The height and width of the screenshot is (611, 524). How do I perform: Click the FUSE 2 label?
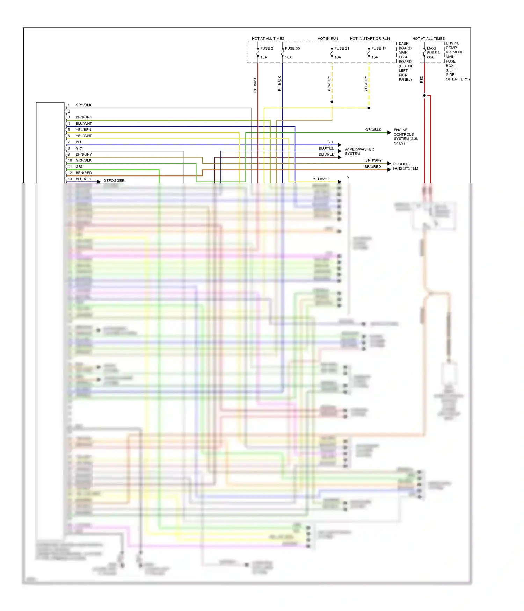[267, 48]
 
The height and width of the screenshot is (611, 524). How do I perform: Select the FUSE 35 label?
[292, 48]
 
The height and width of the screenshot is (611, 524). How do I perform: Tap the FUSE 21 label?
[341, 48]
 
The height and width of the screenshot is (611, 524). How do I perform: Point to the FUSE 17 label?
[379, 48]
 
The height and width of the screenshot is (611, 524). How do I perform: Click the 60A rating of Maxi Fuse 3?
[430, 57]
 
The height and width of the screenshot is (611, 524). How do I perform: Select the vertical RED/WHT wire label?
[255, 84]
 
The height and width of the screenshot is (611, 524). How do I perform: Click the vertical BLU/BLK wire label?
[279, 83]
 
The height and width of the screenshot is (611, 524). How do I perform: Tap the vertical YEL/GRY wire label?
[366, 84]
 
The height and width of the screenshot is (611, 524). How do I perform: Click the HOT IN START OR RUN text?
[370, 39]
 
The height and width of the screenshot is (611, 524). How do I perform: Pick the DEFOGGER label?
[114, 181]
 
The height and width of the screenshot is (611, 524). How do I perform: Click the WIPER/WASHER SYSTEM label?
[359, 151]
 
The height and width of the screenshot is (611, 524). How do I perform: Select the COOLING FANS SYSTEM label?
[405, 166]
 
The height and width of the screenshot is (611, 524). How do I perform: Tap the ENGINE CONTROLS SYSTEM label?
[405, 136]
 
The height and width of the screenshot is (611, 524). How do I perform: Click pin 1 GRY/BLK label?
[83, 105]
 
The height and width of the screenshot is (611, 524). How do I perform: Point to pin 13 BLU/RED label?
[83, 179]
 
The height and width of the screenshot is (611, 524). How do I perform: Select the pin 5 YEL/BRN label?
[83, 130]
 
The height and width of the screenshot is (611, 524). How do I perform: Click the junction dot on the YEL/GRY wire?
[369, 108]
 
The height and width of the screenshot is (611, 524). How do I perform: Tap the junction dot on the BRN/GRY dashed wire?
[332, 102]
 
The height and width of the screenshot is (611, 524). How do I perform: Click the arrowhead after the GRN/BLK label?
[389, 133]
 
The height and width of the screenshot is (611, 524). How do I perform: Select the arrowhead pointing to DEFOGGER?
[99, 182]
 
